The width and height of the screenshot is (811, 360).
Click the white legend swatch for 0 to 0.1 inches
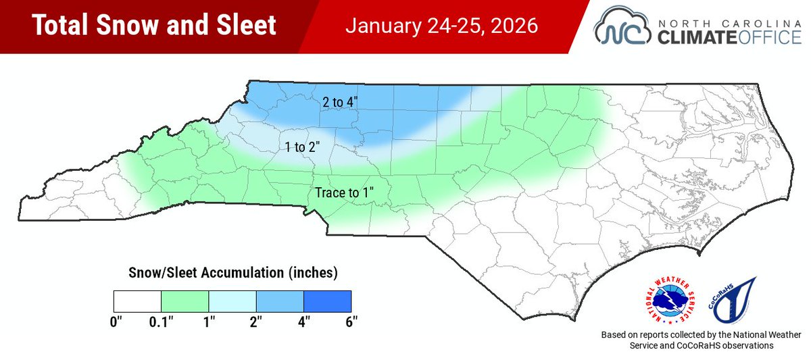[x=137, y=301]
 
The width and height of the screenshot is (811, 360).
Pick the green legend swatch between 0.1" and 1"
[x=185, y=301]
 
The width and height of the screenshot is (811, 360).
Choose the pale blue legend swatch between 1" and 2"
[x=232, y=301]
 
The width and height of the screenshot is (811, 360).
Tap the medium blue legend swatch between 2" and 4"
[x=280, y=301]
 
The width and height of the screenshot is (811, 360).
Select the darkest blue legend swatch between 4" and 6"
[x=328, y=301]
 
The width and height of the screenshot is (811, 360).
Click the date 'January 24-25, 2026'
[x=442, y=26]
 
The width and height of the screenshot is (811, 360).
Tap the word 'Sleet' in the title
[x=243, y=26]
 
